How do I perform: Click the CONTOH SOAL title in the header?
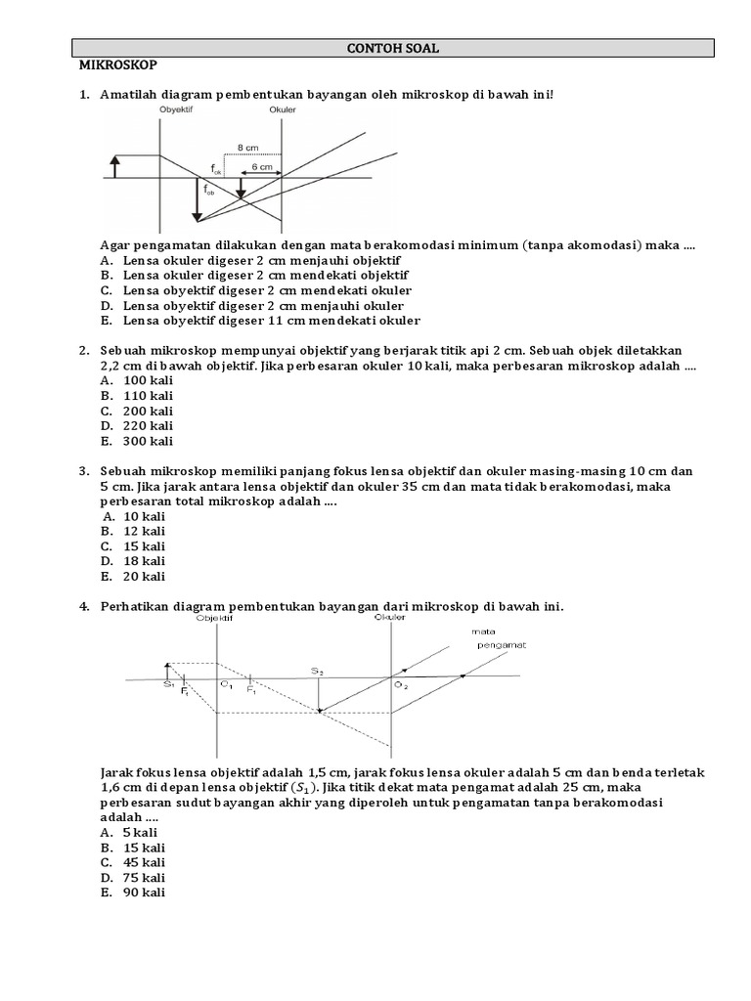pyautogui.click(x=395, y=48)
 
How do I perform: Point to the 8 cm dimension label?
pyautogui.click(x=248, y=148)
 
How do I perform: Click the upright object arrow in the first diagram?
pyautogui.click(x=115, y=166)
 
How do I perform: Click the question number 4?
pyautogui.click(x=83, y=607)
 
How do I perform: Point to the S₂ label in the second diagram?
pyautogui.click(x=318, y=671)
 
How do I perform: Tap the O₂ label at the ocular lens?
pyautogui.click(x=401, y=686)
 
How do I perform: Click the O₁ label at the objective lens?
pyautogui.click(x=226, y=686)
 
